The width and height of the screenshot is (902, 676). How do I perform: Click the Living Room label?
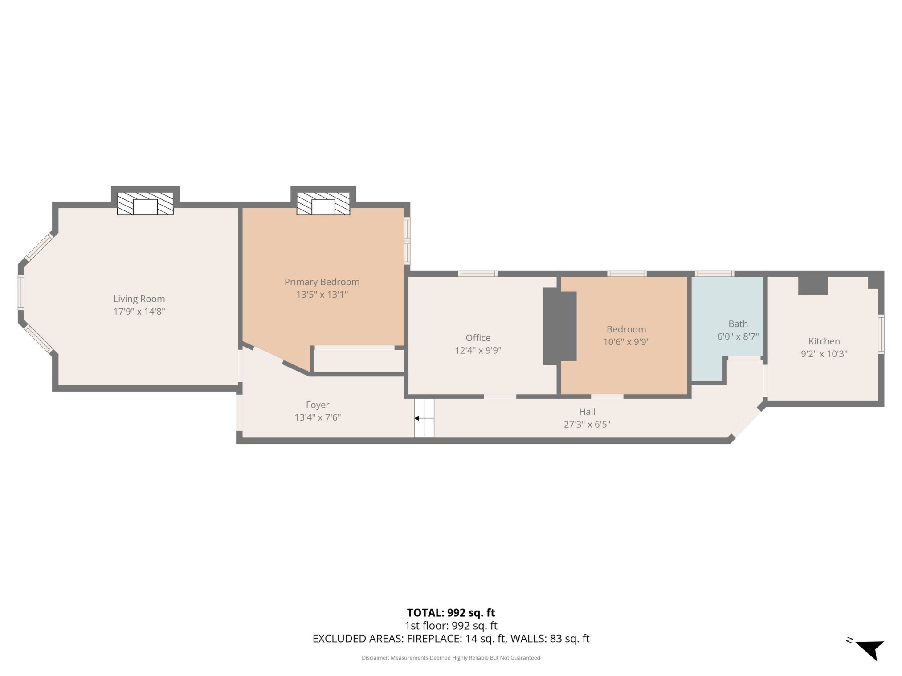pyautogui.click(x=139, y=299)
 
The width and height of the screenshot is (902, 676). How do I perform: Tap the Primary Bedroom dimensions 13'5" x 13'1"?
pyautogui.click(x=322, y=295)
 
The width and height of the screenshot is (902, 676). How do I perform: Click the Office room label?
pyautogui.click(x=478, y=338)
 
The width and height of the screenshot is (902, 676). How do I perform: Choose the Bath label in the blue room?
pyautogui.click(x=738, y=324)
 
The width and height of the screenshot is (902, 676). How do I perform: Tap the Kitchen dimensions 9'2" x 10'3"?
pyautogui.click(x=824, y=354)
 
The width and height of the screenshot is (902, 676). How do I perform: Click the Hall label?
pyautogui.click(x=587, y=412)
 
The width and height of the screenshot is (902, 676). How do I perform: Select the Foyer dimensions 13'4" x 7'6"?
pyautogui.click(x=317, y=417)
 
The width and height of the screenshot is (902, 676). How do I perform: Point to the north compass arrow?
pyautogui.click(x=870, y=650)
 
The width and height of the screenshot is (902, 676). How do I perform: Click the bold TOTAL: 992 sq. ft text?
pyautogui.click(x=451, y=613)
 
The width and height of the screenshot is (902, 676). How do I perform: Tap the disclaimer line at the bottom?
pyautogui.click(x=451, y=658)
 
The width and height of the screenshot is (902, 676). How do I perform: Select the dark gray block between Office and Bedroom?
pyautogui.click(x=559, y=327)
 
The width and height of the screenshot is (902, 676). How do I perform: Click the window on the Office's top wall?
pyautogui.click(x=478, y=274)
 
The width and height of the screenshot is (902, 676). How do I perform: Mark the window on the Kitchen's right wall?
pyautogui.click(x=881, y=334)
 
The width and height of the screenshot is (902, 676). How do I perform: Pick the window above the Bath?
pyautogui.click(x=714, y=274)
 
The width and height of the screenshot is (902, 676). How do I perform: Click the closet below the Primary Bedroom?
pyautogui.click(x=359, y=360)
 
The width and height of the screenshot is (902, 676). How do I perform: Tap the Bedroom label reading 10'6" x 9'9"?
pyautogui.click(x=626, y=342)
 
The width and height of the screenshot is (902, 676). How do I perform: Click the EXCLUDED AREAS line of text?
pyautogui.click(x=451, y=639)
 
